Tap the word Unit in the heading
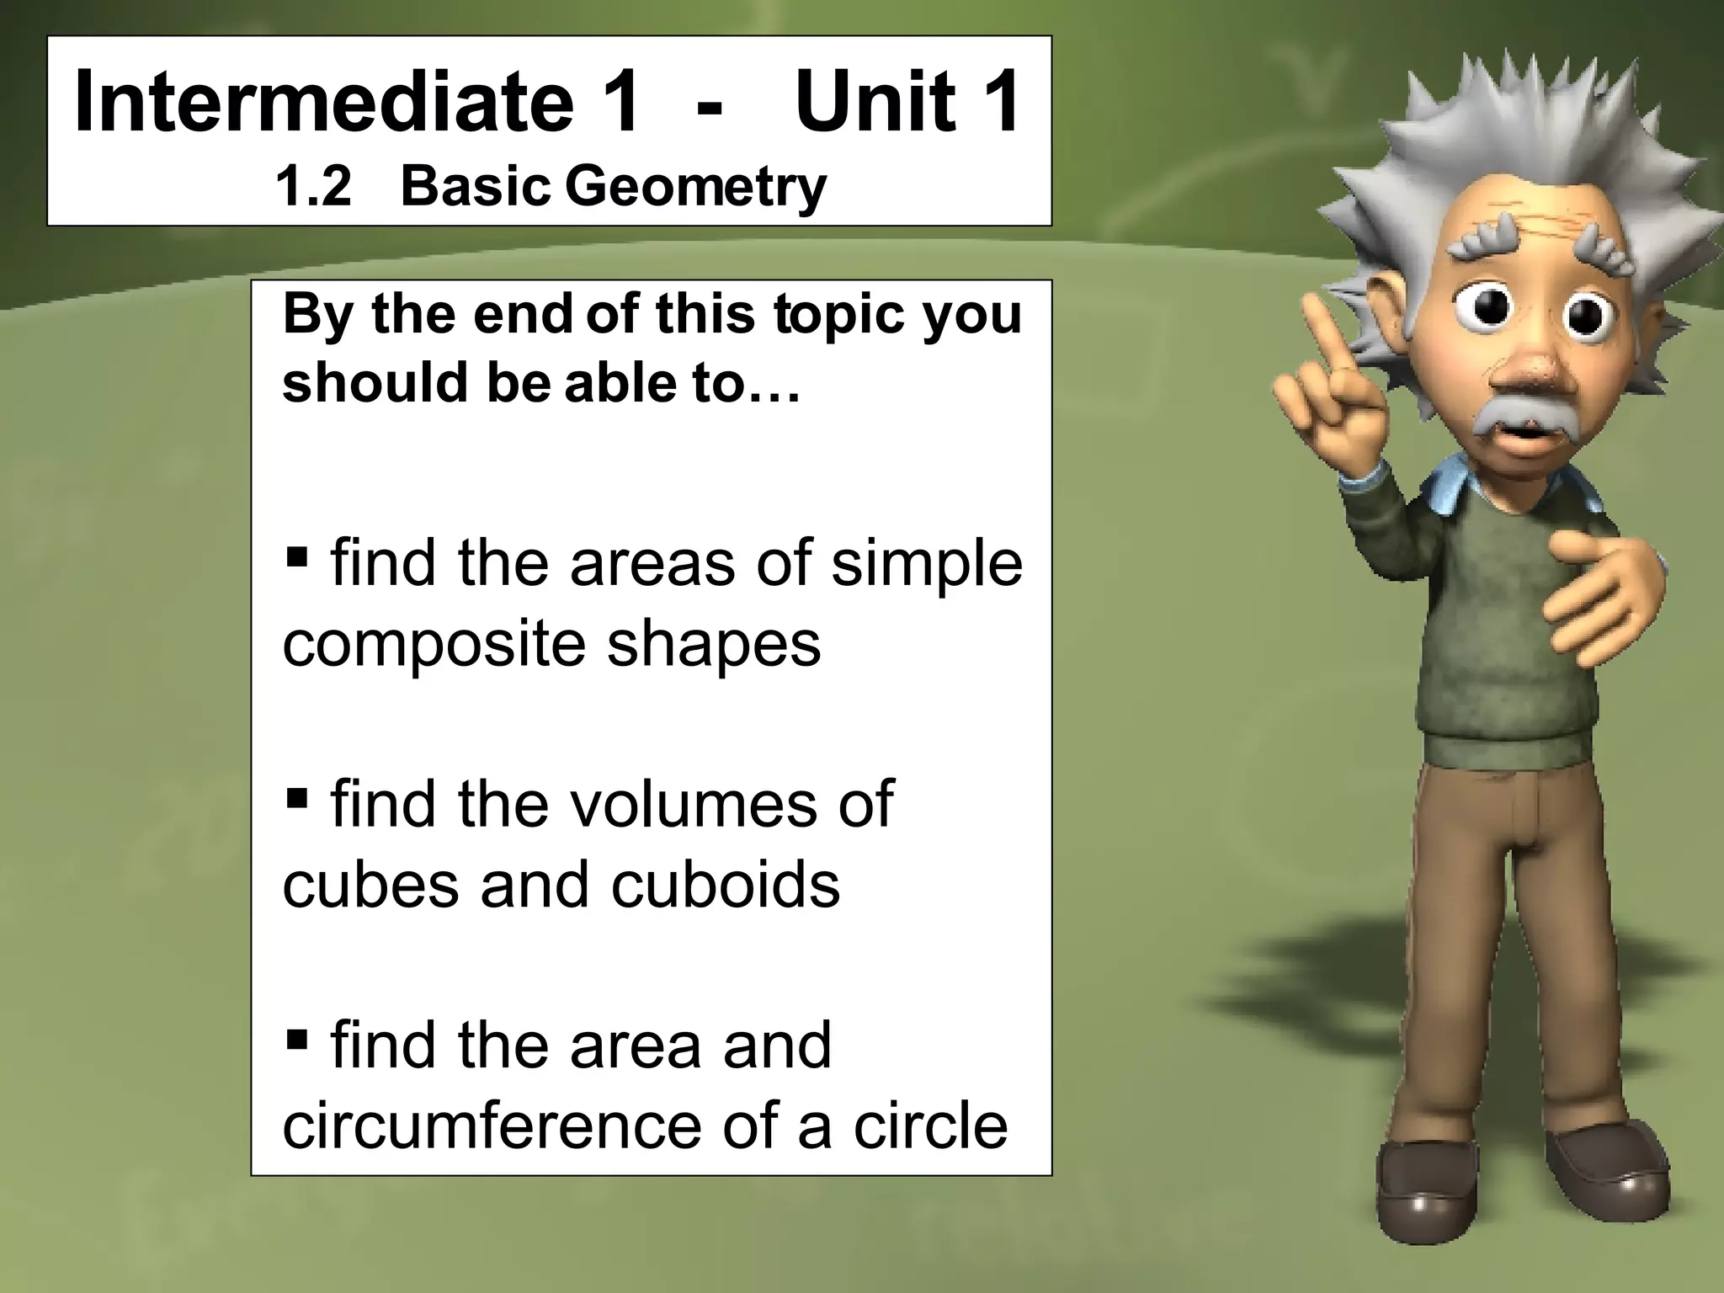click(x=875, y=104)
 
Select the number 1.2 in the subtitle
click(x=313, y=186)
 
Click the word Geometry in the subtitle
click(x=695, y=188)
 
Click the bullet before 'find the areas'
click(x=296, y=556)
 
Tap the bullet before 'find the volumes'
click(x=296, y=796)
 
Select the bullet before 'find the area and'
click(x=296, y=1038)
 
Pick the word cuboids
click(x=725, y=886)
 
